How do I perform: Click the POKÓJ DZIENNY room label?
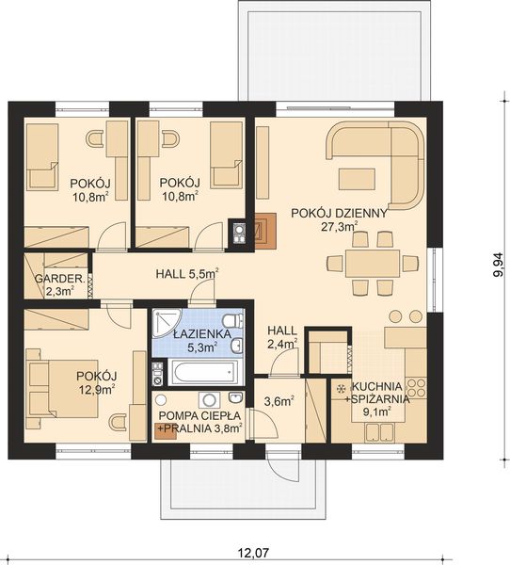click(x=339, y=214)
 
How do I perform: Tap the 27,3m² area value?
click(x=340, y=226)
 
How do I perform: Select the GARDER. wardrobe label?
click(x=60, y=279)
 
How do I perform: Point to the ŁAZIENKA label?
click(x=202, y=333)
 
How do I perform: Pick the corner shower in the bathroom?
click(x=165, y=323)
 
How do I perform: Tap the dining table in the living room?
click(x=373, y=264)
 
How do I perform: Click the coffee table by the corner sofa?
click(x=357, y=179)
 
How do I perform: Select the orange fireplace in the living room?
click(x=265, y=231)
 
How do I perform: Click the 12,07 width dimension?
click(x=249, y=553)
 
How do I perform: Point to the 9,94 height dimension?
click(x=499, y=265)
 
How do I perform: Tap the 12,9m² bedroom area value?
click(x=96, y=389)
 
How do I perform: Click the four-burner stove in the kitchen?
click(x=416, y=387)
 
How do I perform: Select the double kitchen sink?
click(x=379, y=432)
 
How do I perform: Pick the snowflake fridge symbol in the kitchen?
click(x=340, y=388)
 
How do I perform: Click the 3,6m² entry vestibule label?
click(x=279, y=401)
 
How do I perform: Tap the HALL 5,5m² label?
click(x=187, y=274)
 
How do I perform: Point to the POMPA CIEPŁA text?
click(x=199, y=415)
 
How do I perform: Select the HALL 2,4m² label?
click(x=282, y=337)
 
